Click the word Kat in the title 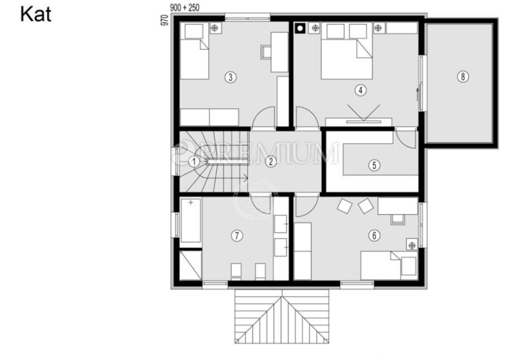pyautogui.click(x=36, y=14)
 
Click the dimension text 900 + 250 pyautogui.click(x=185, y=8)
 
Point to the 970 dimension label pyautogui.click(x=164, y=20)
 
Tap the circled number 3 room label pyautogui.click(x=230, y=77)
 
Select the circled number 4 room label pyautogui.click(x=360, y=90)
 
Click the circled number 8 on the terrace pyautogui.click(x=463, y=77)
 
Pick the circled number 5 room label pyautogui.click(x=374, y=165)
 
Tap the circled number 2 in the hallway pyautogui.click(x=271, y=161)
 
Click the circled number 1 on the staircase pyautogui.click(x=194, y=162)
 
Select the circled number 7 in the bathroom pyautogui.click(x=237, y=236)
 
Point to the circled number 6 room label pyautogui.click(x=374, y=235)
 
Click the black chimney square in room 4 pyautogui.click(x=300, y=28)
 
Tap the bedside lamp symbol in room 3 pyautogui.click(x=216, y=28)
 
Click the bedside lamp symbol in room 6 pyautogui.click(x=412, y=246)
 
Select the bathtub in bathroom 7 pyautogui.click(x=191, y=221)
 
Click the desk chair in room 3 pyautogui.click(x=266, y=52)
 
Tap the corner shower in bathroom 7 pyautogui.click(x=190, y=265)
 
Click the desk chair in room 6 pyautogui.click(x=398, y=219)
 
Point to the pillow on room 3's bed pyautogui.click(x=194, y=31)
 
